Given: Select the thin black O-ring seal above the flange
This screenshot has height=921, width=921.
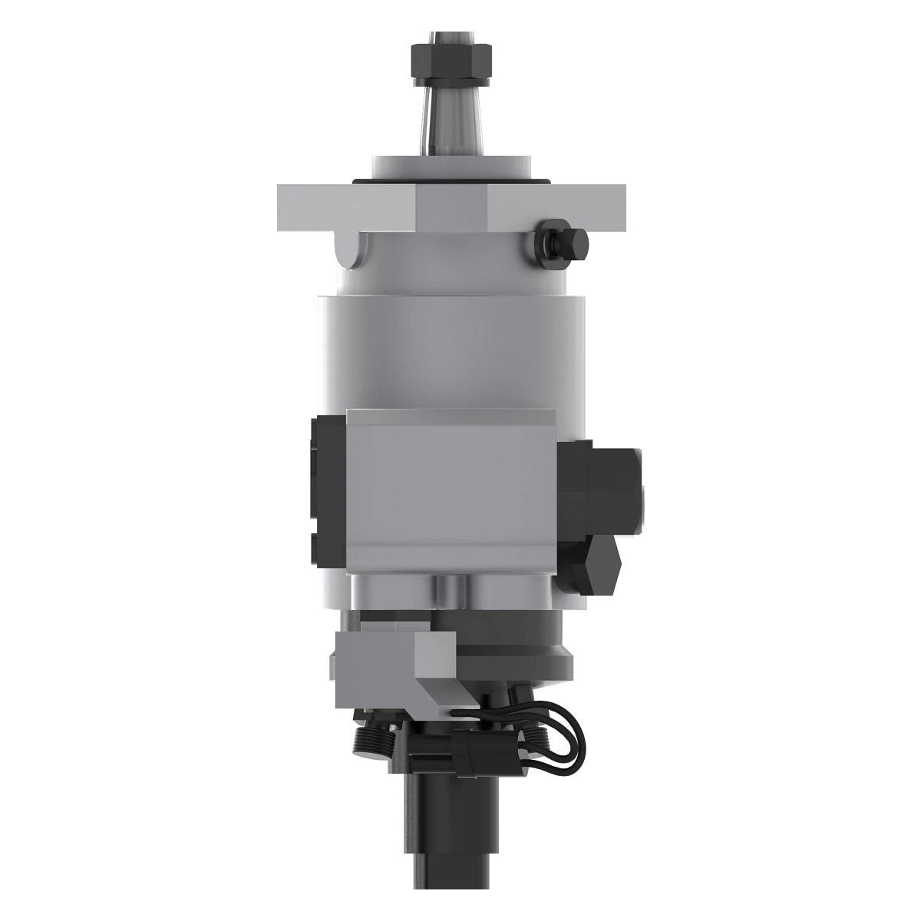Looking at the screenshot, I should point(450,181).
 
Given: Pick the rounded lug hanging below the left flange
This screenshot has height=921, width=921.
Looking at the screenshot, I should point(352,250).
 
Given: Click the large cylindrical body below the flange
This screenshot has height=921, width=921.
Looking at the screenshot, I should point(450,345).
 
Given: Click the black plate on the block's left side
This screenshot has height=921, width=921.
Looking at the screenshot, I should point(328,491).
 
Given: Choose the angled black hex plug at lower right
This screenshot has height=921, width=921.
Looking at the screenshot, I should point(595,564).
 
